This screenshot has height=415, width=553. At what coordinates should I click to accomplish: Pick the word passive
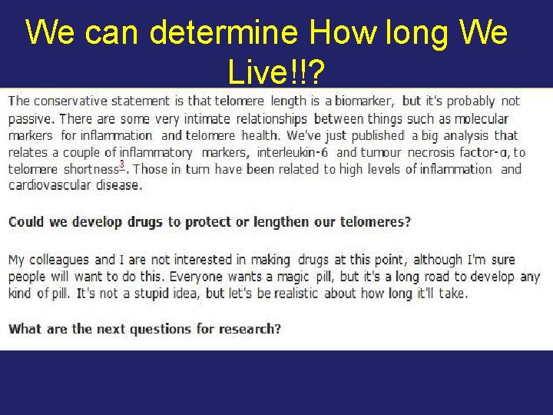coord(31,118)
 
